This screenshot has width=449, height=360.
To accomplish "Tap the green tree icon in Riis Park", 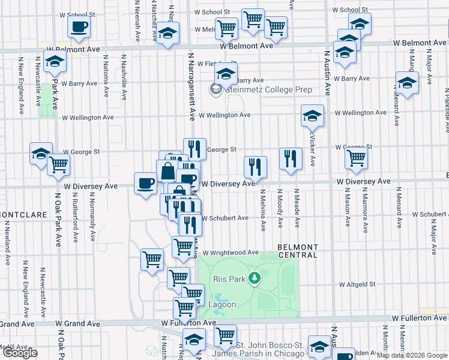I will point(256,278).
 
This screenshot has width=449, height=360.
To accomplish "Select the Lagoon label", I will point(222,304).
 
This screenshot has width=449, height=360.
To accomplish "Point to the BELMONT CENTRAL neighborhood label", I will point(298,251).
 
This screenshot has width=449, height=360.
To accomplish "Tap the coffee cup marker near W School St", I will point(79,26).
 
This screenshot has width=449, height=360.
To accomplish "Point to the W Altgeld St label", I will point(357,284).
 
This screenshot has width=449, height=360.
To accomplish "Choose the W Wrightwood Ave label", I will point(230,253).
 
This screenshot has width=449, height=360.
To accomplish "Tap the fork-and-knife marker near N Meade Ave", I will point(291,159).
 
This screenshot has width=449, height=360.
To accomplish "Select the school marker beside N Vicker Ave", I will point(312,116).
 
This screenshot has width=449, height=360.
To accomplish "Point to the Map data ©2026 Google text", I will point(412,355).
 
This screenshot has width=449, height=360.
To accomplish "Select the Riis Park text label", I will point(229,279).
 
